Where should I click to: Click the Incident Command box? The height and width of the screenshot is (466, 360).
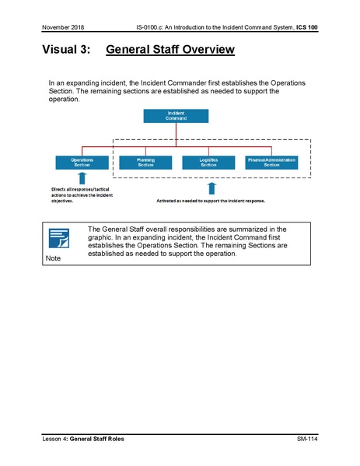tap(176, 115)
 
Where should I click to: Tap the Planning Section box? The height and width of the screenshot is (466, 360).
tap(145, 162)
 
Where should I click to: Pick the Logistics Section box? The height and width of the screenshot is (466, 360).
tap(208, 162)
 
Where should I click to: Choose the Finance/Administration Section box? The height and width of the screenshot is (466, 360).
tap(271, 162)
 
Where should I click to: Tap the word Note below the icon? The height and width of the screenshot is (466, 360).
tap(54, 258)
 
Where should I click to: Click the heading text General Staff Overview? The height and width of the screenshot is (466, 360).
tap(169, 51)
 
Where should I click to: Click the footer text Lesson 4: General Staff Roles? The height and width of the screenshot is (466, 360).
tap(89, 440)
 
